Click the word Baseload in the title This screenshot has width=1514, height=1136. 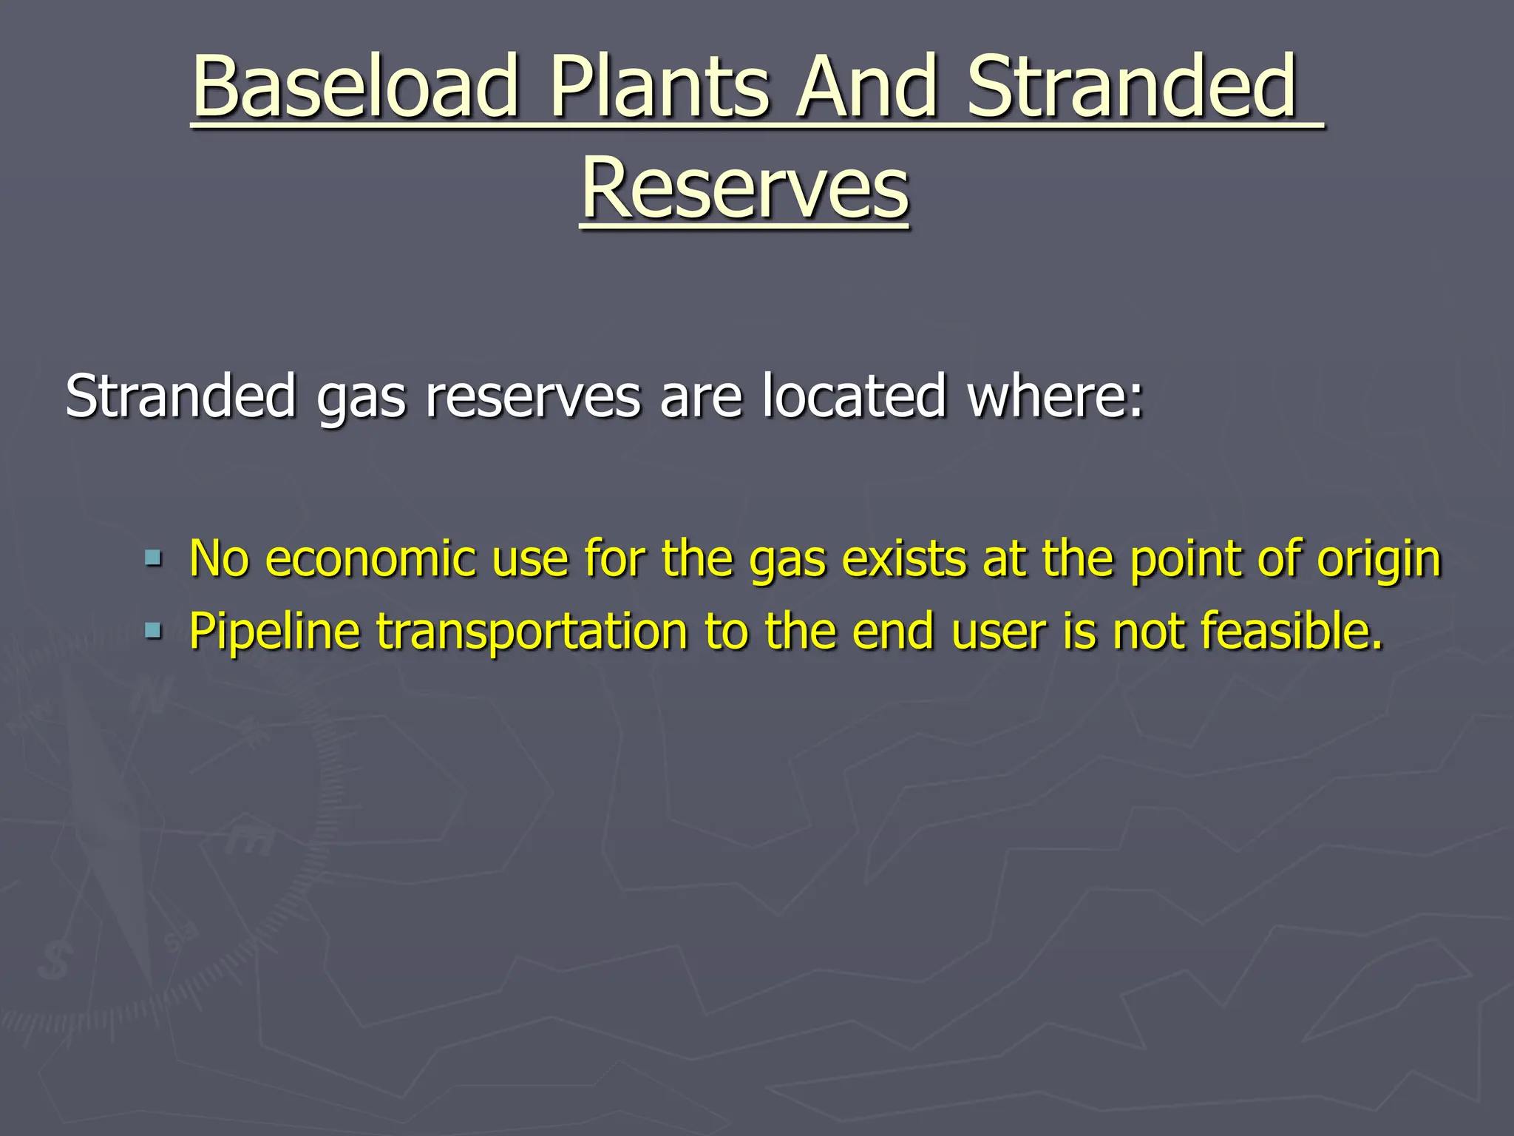355,87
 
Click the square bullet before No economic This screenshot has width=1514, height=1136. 153,557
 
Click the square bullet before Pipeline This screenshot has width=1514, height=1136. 153,631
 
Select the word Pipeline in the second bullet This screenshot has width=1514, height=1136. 274,632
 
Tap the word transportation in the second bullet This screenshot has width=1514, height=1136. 532,632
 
